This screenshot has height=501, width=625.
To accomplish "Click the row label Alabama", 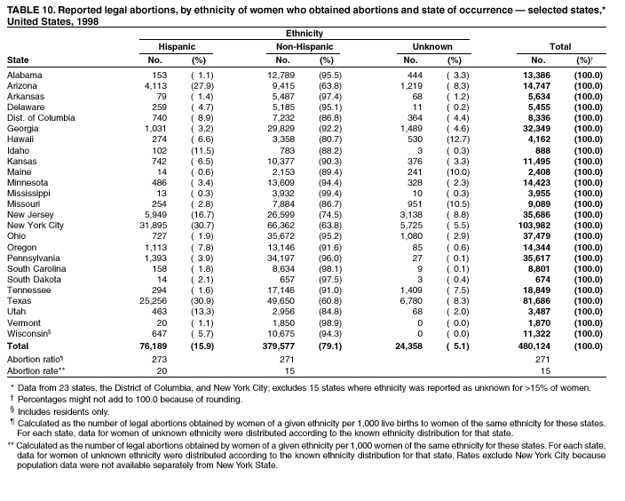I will coord(24,76).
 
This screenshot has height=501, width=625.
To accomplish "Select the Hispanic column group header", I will coord(176,45).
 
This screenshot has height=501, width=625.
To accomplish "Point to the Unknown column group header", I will coord(432,45).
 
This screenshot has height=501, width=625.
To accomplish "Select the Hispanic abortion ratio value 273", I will coord(159,359).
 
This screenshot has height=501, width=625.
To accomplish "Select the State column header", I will coord(18,60).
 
